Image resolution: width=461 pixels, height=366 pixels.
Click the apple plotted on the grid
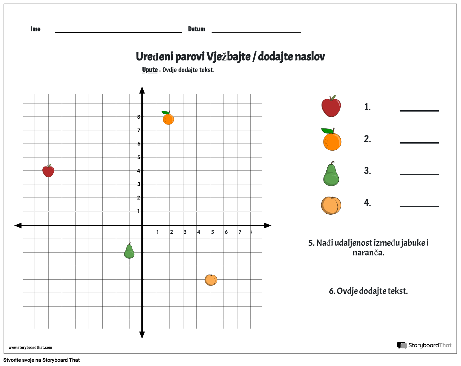click(48, 171)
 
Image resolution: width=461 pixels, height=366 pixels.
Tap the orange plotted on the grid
click(168, 118)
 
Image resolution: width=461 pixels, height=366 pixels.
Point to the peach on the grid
click(211, 280)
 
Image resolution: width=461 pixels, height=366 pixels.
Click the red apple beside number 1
click(331, 106)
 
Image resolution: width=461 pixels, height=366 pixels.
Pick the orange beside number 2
click(332, 140)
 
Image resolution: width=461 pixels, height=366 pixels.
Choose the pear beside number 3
click(331, 174)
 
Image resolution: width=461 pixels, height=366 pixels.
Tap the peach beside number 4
click(331, 205)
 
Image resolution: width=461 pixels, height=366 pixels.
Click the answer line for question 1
click(419, 110)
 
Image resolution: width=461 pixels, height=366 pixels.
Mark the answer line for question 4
click(419, 206)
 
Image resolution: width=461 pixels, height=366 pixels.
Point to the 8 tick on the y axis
click(139, 117)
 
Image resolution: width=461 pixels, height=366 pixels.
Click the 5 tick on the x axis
click(213, 232)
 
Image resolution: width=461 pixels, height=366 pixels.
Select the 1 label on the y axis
click(139, 211)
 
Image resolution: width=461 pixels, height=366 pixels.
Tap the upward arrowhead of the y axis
click(142, 90)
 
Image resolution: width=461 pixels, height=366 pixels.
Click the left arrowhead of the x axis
click(18, 225)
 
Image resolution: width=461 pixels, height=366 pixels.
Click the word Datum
click(196, 29)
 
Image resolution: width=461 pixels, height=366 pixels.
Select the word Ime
click(35, 29)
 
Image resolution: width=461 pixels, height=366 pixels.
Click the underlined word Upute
click(150, 70)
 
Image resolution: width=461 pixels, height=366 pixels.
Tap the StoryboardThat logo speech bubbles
click(402, 345)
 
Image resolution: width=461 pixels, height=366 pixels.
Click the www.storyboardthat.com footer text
click(30, 348)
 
